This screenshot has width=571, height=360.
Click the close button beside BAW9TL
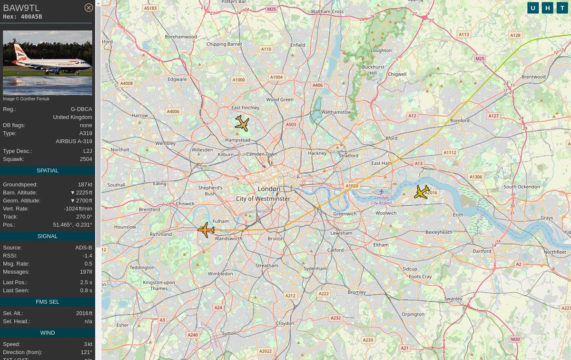click(x=89, y=8)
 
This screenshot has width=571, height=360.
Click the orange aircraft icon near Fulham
click(x=206, y=230)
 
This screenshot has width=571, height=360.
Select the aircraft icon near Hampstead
click(x=242, y=123)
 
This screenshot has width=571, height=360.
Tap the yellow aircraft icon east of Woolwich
click(x=422, y=192)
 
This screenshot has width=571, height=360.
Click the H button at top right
click(x=548, y=8)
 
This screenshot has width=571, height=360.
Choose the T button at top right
click(x=562, y=8)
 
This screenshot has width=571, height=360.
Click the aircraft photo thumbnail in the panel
click(x=48, y=63)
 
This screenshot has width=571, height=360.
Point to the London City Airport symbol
click(x=381, y=191)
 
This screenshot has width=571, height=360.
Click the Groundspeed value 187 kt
click(x=85, y=184)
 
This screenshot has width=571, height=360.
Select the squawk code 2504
click(x=86, y=159)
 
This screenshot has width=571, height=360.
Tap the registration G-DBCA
click(x=81, y=109)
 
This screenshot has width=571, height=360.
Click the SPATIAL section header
click(x=48, y=170)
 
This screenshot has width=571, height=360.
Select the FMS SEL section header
click(x=48, y=301)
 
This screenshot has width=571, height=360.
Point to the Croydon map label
click(x=285, y=323)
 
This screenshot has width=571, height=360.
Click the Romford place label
click(x=460, y=120)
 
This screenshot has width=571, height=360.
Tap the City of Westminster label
click(x=263, y=199)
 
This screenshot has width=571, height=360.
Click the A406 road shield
click(x=317, y=85)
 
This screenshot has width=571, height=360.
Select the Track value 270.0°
click(x=84, y=217)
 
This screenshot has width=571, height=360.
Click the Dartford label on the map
click(x=482, y=251)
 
